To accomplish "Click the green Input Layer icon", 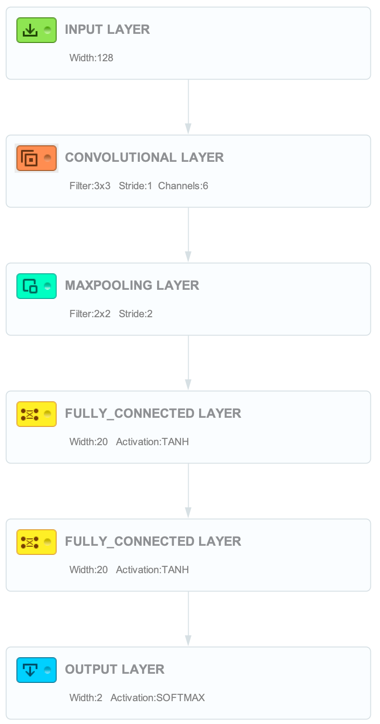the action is pos(37,30).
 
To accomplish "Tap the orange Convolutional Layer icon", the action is pos(37,158).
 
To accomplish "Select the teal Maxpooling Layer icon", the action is pos(37,286).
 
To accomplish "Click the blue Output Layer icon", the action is pos(37,670).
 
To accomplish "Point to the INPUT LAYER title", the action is pos(107,29).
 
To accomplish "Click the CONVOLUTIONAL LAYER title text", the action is pos(144,157).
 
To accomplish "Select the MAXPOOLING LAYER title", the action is pos(132,285).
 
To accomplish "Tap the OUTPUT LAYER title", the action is pos(115,669).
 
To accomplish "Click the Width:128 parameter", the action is pos(91,58).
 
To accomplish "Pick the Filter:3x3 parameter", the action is pos(90,186).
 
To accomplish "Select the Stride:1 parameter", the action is pos(135,186).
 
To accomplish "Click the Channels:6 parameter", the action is pos(183,186).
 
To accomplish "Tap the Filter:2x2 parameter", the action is pos(90,314).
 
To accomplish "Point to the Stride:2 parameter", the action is pos(136,314).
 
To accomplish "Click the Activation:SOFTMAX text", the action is pos(158,698).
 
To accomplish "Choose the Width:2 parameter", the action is pos(86,698).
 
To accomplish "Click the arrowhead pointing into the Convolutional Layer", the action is pos(188,128).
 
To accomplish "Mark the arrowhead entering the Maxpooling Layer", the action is pos(188,256).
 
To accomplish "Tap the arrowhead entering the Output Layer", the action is pos(188,641).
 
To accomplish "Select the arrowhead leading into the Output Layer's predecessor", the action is pos(188,513).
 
